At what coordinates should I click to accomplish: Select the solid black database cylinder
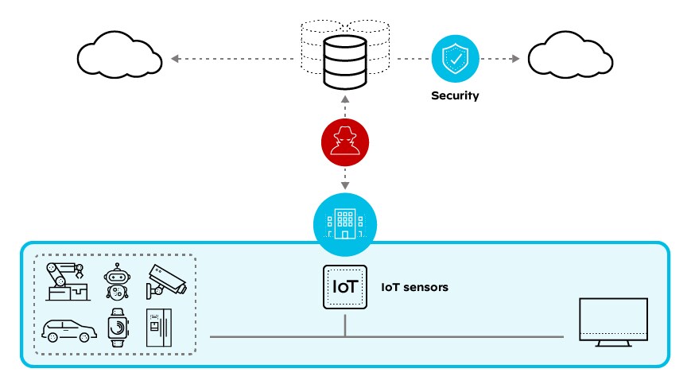tap(345, 64)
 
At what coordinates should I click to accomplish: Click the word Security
tap(455, 95)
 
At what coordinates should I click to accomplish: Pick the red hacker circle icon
tap(345, 145)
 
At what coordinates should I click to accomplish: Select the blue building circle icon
tap(345, 219)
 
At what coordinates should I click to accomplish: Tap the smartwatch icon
tap(117, 327)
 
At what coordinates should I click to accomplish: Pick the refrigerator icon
tap(158, 327)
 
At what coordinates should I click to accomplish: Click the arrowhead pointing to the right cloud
tap(516, 59)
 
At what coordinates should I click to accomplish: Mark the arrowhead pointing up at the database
tap(345, 100)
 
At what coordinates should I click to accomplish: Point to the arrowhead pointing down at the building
tap(345, 186)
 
